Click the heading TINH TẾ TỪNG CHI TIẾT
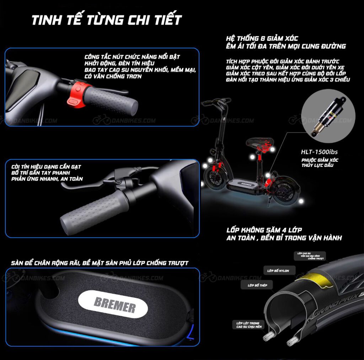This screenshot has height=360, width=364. point(107,20)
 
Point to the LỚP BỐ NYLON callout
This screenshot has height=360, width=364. point(278,271)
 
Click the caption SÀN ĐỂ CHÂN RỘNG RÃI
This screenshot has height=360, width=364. point(100,263)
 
